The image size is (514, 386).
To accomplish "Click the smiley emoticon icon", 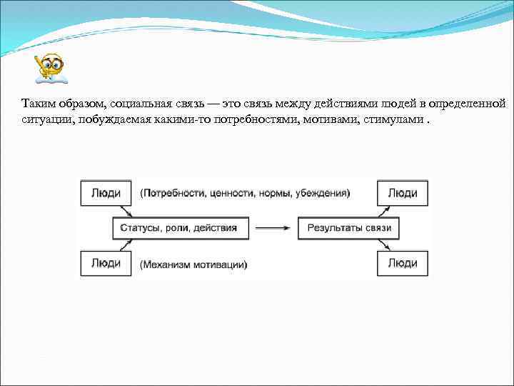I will point(49,68).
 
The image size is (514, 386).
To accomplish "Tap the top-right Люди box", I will point(403,193).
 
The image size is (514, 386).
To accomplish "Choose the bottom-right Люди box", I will point(403,263).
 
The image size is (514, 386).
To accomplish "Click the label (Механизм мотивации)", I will point(194,264).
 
